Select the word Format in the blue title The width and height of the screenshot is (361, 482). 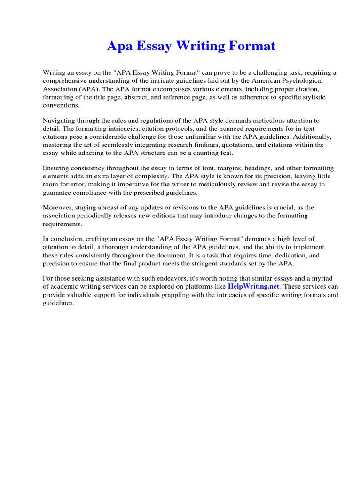pos(252,47)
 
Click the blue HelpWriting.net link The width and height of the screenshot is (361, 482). pos(253,286)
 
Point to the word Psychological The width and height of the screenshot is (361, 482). pos(314,80)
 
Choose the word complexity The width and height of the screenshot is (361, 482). pos(154,177)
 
